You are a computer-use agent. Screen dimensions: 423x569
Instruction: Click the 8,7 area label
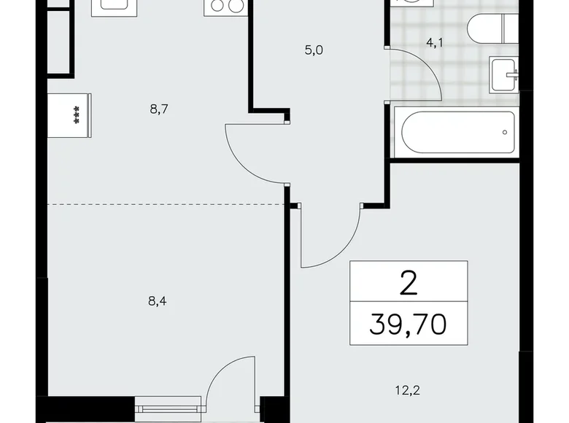(158, 109)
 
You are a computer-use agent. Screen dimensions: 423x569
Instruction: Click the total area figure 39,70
(408, 322)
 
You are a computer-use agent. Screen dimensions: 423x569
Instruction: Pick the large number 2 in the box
(408, 280)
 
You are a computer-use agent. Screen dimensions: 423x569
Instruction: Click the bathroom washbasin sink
(506, 74)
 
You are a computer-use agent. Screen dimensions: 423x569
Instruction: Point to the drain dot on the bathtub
(503, 132)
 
